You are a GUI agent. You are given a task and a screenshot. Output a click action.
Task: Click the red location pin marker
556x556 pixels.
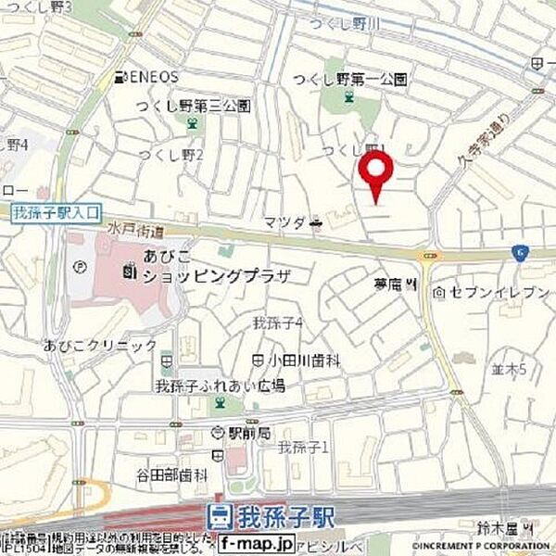coord(375,173)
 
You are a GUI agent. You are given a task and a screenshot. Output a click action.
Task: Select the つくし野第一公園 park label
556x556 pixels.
coord(349,80)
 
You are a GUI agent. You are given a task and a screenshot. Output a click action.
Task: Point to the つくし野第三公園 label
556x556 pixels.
coord(193,107)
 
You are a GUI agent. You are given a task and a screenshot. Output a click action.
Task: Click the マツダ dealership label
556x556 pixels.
coord(284,222)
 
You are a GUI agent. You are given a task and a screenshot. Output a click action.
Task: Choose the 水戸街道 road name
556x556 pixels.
coord(121,230)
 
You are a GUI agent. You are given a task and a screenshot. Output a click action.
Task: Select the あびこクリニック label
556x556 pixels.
coord(100,346)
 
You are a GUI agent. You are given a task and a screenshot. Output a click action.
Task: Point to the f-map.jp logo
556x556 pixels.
coord(262,541)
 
